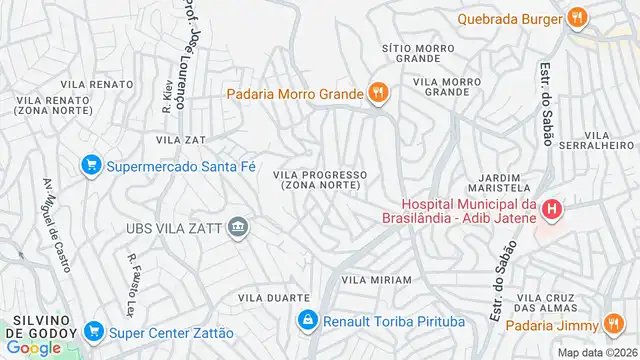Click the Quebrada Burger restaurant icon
tap(577, 17)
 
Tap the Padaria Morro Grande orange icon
tap(378, 94)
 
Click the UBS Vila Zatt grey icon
tap(238, 227)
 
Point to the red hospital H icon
tap(552, 209)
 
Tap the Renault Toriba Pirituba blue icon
tap(308, 321)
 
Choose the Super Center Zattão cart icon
tap(94, 331)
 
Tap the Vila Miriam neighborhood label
tap(376, 280)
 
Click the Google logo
tap(33, 347)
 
